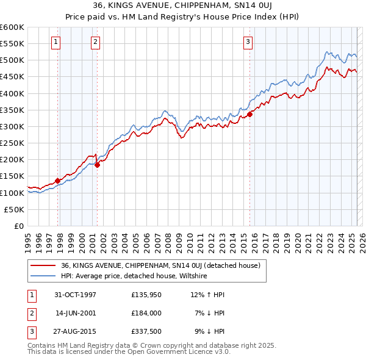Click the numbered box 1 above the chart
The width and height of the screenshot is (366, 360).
click(x=56, y=42)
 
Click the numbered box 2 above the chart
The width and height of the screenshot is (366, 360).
click(x=96, y=42)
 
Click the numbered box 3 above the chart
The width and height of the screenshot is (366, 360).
click(x=248, y=42)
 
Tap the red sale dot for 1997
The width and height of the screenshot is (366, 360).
click(x=58, y=181)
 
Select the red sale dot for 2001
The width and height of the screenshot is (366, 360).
click(x=97, y=165)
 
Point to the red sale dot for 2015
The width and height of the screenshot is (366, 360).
click(x=249, y=114)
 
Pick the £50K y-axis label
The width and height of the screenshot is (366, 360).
click(x=15, y=209)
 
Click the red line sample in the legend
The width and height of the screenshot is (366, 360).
click(x=43, y=266)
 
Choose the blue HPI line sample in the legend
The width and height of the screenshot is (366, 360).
click(x=43, y=276)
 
